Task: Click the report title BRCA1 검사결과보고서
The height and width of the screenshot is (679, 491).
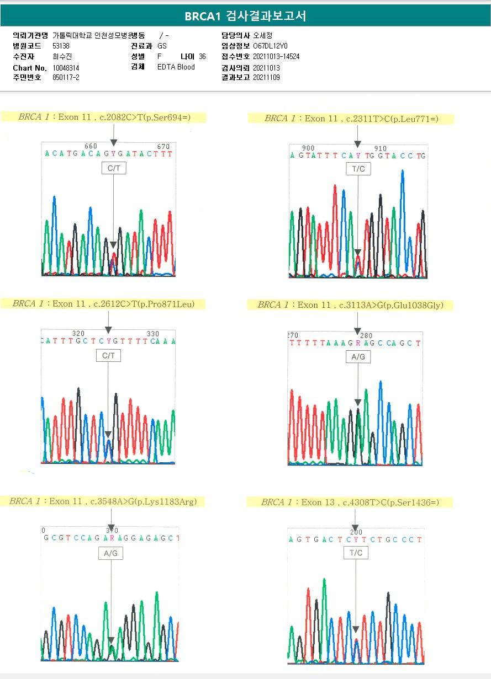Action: (245, 16)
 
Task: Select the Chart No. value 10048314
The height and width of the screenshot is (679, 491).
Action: (66, 68)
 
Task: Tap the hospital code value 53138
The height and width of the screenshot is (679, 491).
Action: (61, 46)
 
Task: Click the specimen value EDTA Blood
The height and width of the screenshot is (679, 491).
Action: (176, 67)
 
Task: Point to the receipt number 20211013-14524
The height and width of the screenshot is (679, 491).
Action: (276, 57)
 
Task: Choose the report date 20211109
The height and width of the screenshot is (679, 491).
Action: (266, 78)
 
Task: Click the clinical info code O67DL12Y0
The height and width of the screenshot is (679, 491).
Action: (270, 46)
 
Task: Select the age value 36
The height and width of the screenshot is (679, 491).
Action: (202, 57)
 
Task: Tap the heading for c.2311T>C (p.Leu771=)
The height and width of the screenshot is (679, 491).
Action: (351, 119)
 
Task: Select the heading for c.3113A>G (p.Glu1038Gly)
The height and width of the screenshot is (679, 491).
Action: (351, 305)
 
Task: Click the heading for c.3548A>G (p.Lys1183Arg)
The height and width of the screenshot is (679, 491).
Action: (103, 501)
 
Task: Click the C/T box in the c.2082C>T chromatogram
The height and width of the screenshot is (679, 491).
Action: (114, 168)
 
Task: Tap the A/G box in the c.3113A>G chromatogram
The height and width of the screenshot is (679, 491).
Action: (358, 357)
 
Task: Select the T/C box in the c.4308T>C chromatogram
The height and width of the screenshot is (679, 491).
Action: (356, 553)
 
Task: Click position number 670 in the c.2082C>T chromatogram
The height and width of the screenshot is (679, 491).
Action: (163, 146)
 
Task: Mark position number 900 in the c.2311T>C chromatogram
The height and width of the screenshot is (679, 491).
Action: (309, 148)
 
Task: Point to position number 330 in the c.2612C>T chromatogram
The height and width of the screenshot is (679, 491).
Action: (152, 334)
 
